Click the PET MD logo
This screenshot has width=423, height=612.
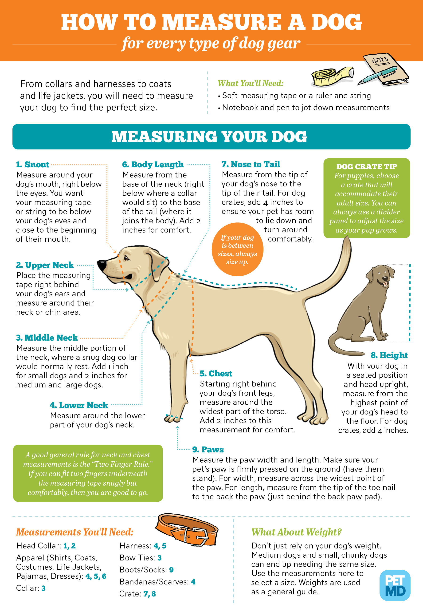(x=395, y=585)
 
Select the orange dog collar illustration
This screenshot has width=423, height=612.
(x=187, y=529)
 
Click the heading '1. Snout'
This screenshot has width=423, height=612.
(x=33, y=165)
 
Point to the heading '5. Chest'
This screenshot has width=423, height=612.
(x=216, y=373)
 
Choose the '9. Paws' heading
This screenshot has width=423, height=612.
(x=208, y=449)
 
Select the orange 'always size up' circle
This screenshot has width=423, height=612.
(x=237, y=250)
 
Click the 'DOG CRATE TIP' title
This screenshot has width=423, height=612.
(x=367, y=167)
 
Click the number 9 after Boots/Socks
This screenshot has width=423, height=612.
(x=171, y=570)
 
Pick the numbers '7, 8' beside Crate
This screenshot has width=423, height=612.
(x=149, y=593)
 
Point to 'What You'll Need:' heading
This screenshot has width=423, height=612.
(x=251, y=83)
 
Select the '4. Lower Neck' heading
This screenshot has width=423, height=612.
(x=79, y=405)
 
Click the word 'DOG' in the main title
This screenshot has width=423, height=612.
(x=336, y=22)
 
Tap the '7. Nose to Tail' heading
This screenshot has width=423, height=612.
(x=251, y=164)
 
